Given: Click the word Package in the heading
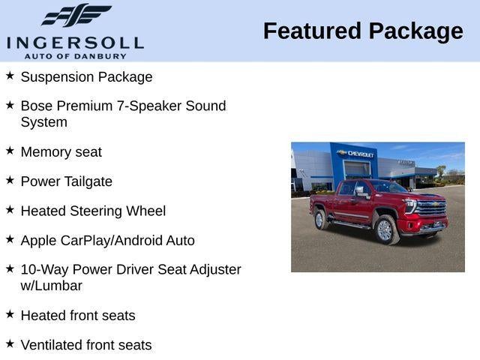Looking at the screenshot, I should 415,31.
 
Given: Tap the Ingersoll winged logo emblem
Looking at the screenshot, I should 76,16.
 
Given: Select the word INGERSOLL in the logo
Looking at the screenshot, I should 75,42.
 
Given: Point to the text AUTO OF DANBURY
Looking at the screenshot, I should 75,56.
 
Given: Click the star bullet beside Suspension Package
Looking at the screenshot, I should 10,76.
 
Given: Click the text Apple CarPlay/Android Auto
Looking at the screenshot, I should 107,241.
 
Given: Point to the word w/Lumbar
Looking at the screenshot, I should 51,286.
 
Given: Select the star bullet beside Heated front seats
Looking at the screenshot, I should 10,314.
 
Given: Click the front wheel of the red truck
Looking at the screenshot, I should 385,230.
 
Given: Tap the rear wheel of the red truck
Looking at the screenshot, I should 320,220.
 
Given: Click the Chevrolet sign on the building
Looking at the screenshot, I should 359,153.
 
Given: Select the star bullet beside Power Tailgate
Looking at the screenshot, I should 10,180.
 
